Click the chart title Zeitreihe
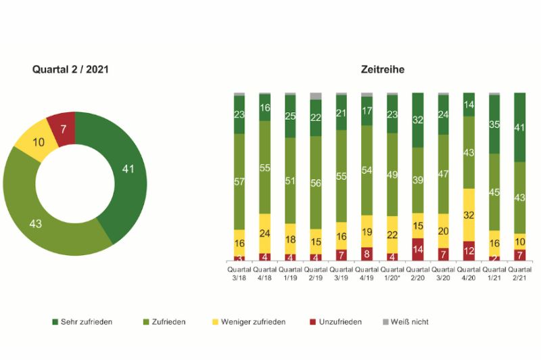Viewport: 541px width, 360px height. (383, 70)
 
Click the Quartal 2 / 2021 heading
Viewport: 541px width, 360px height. (71, 70)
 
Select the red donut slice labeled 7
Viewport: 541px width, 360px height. (62, 127)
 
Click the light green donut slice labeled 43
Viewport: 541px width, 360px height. (41, 220)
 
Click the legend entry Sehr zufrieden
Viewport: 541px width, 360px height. (85, 322)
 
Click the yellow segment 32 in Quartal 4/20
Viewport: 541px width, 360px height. (469, 215)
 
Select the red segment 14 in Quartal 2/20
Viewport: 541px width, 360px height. (418, 249)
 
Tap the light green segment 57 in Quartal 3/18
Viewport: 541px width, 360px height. (239, 181)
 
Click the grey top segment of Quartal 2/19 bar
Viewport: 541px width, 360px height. (316, 96)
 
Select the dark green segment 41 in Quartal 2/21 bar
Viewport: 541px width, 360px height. (519, 127)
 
